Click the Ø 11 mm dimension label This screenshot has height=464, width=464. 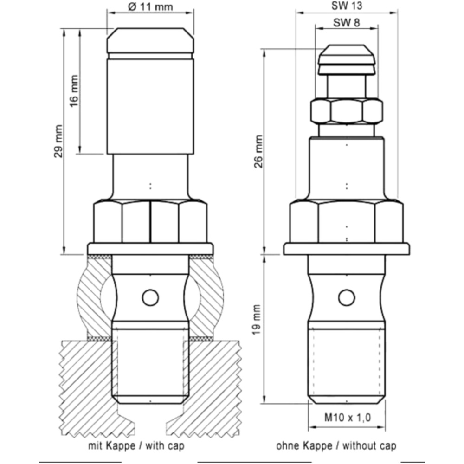(150, 6)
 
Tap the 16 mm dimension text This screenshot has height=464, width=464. (75, 91)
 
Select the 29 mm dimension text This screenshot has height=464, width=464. (58, 141)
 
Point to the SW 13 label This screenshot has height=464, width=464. (347, 6)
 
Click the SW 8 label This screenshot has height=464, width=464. (347, 22)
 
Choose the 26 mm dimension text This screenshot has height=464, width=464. (258, 151)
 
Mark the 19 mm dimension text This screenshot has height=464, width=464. (257, 320)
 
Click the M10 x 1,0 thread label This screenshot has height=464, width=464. (348, 418)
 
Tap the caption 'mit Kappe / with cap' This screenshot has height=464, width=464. (136, 445)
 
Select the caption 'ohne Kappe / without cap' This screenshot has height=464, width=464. (336, 445)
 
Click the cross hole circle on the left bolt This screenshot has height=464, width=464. (150, 297)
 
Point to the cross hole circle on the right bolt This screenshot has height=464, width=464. (347, 297)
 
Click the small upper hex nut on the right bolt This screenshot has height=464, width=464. (347, 111)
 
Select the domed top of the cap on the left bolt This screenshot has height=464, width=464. (150, 40)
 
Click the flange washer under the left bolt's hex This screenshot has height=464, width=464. (150, 248)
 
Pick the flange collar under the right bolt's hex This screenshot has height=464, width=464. (347, 249)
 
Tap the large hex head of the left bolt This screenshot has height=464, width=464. (150, 222)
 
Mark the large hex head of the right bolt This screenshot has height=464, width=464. (347, 222)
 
